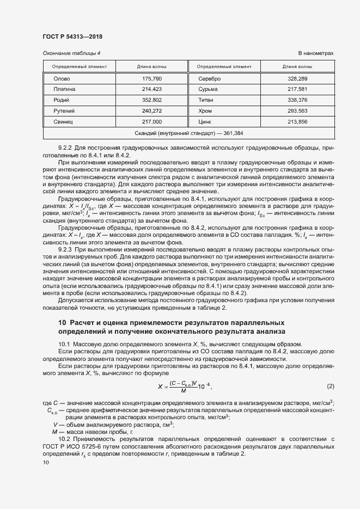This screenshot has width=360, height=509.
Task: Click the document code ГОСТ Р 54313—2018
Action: click(x=72, y=36)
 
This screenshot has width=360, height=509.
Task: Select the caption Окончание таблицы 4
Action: click(x=71, y=53)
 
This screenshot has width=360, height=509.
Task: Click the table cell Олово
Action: click(x=62, y=79)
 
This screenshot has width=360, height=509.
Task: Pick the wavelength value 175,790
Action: click(x=152, y=79)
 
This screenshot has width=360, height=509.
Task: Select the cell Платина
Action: click(x=64, y=89)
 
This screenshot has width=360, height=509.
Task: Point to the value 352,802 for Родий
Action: click(x=152, y=100)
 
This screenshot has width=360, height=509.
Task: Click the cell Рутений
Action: click(x=64, y=111)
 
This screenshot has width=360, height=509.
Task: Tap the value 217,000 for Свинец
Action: click(x=152, y=122)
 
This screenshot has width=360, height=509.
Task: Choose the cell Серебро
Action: click(x=210, y=79)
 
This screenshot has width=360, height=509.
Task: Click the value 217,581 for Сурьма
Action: click(x=297, y=89)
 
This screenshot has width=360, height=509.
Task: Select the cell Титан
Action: click(x=206, y=100)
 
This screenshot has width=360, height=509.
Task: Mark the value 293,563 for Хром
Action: click(x=297, y=111)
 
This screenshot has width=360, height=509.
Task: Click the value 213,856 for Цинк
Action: click(x=297, y=122)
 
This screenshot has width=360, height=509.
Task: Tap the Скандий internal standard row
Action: click(x=188, y=133)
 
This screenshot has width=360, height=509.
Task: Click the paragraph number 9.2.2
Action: click(x=65, y=148)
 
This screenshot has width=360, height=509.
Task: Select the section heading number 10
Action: click(x=62, y=322)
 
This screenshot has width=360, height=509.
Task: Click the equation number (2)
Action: click(x=330, y=386)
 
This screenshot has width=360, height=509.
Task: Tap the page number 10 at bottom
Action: click(x=46, y=462)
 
